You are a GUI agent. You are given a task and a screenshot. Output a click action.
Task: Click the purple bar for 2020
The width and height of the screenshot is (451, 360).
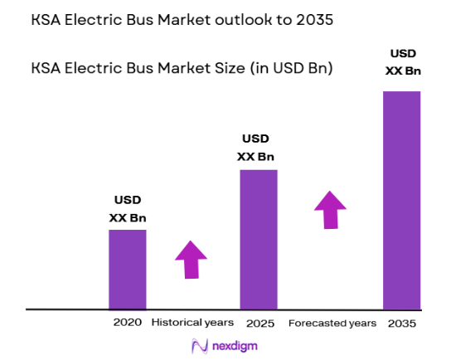[128, 269]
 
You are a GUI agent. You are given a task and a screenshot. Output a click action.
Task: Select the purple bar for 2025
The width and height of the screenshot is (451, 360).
[259, 239]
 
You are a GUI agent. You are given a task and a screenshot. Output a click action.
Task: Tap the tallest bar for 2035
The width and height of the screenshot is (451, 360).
[402, 199]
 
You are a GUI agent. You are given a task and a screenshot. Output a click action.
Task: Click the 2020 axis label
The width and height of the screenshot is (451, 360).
[128, 322]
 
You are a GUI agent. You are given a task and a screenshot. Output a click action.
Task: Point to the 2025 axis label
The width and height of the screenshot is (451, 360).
[259, 322]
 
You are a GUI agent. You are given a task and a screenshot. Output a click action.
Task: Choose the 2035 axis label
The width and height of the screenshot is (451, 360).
[402, 322]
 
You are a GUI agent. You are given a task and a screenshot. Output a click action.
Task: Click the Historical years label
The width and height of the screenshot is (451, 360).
[192, 322]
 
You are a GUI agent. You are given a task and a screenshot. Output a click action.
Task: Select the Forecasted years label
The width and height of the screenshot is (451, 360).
[332, 322]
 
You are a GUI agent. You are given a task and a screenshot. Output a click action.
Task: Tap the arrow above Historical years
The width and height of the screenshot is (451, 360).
[192, 260]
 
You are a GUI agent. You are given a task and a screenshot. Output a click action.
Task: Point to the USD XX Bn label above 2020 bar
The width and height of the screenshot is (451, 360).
[128, 209]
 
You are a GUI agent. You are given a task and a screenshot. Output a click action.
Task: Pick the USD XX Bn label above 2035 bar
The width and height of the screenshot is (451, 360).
[403, 63]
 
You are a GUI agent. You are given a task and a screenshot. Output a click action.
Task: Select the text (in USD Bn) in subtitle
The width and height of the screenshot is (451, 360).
[288, 68]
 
